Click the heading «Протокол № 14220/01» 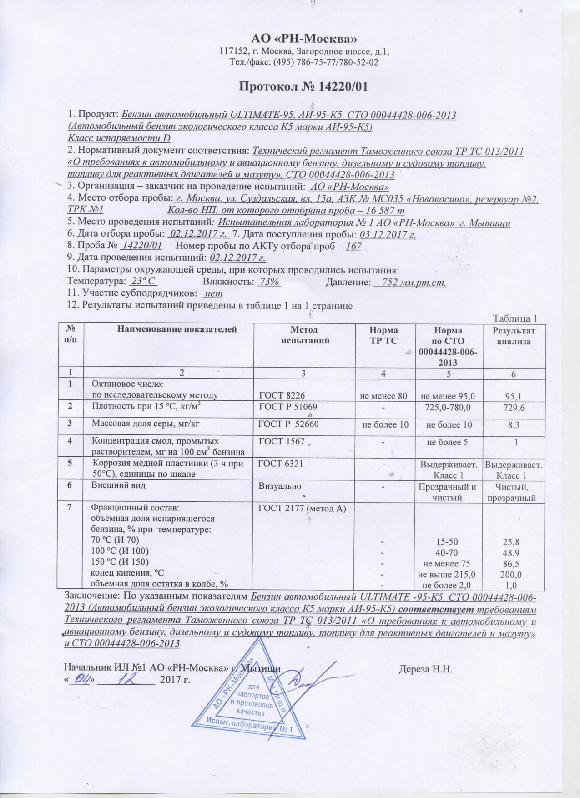(x=303, y=86)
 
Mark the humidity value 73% (x=268, y=282)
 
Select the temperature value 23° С (x=143, y=282)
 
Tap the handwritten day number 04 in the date (x=82, y=680)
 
